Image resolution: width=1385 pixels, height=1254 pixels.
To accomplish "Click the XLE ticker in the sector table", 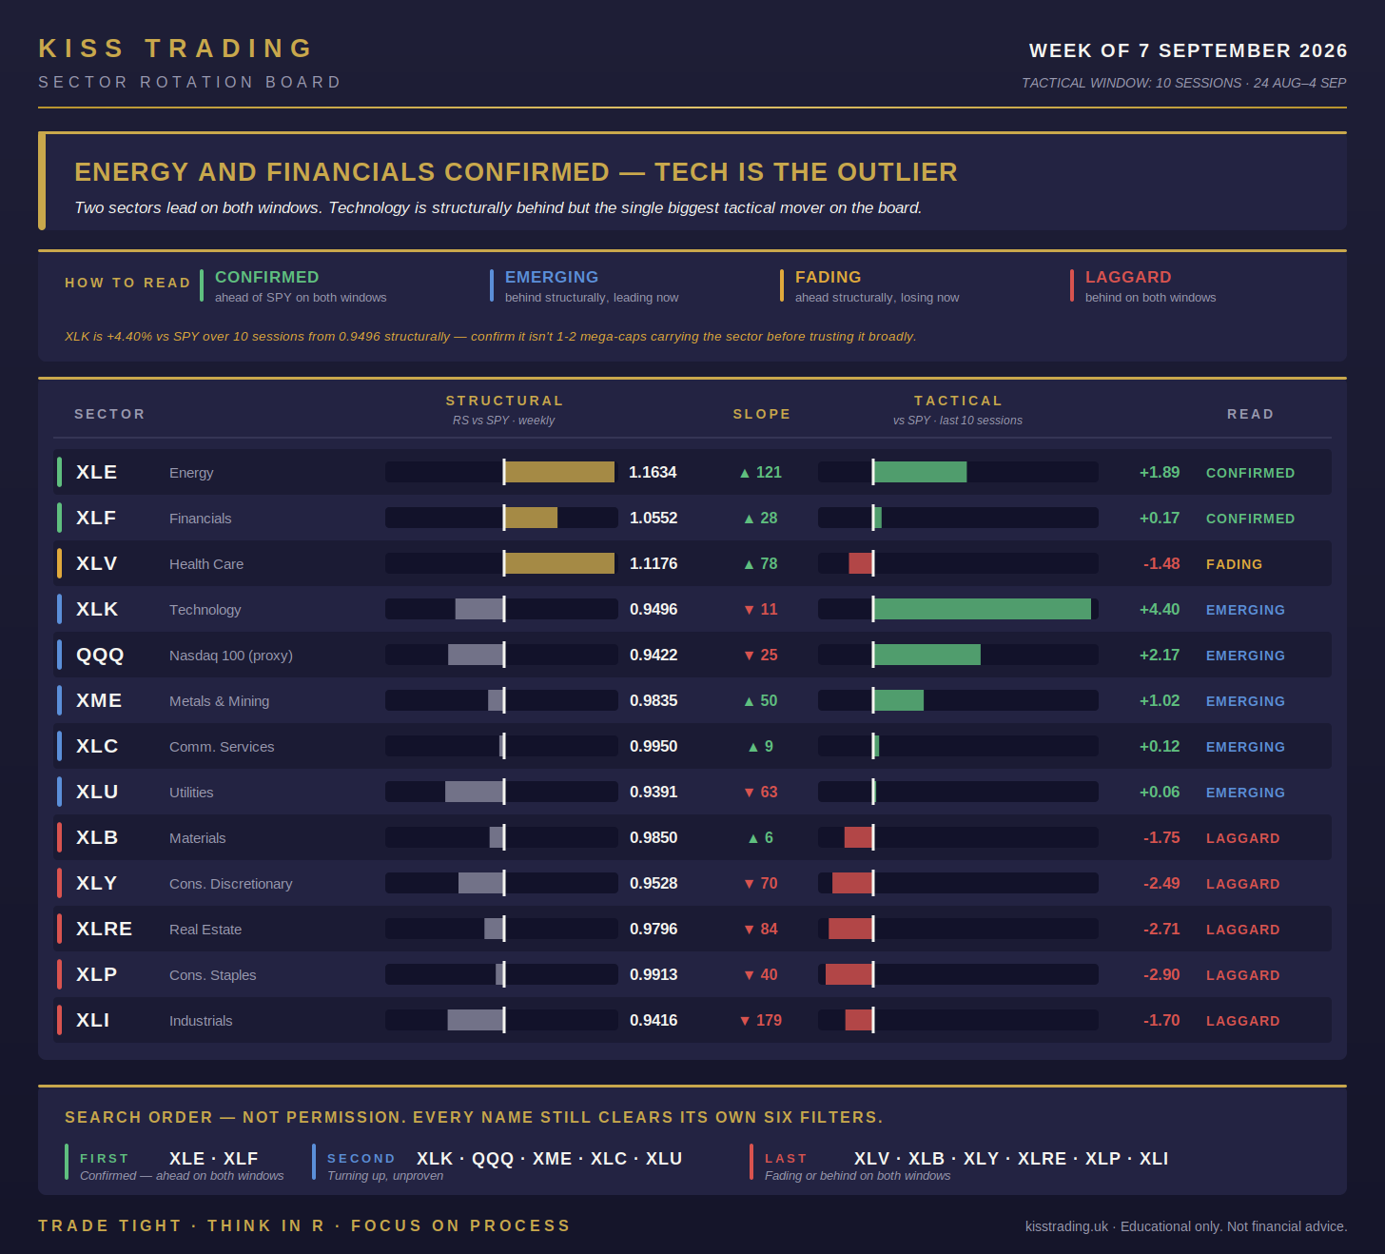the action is (97, 473).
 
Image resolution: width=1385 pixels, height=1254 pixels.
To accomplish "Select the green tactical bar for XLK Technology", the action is (983, 609).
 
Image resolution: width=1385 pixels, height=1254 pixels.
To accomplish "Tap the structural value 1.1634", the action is (653, 473).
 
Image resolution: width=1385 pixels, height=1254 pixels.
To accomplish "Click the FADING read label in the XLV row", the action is (1234, 564).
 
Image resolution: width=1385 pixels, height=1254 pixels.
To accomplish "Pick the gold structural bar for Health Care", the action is (560, 564).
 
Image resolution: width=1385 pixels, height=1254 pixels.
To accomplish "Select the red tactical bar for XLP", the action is (849, 975).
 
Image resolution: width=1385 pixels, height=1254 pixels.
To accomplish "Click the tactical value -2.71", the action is (1161, 930).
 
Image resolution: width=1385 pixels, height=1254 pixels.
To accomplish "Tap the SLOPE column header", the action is (762, 415).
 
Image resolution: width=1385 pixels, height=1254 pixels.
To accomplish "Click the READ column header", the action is (1250, 415).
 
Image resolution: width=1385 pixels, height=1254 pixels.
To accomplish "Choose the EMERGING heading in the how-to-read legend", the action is (552, 277).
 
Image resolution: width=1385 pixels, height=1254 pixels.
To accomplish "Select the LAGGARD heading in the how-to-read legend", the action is (1128, 277).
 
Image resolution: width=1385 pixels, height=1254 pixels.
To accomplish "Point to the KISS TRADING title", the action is (176, 49).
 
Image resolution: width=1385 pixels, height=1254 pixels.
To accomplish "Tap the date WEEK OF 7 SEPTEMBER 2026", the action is (1188, 50).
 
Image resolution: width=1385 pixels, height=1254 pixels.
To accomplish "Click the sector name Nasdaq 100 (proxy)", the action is (231, 656).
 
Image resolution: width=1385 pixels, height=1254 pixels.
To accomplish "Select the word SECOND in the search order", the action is (361, 1159).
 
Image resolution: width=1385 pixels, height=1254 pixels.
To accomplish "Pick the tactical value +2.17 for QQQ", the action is (1160, 655).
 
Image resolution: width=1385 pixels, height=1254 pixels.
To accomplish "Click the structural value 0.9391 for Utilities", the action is (653, 792).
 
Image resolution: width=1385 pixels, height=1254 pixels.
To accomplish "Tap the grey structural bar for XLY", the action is (480, 883).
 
